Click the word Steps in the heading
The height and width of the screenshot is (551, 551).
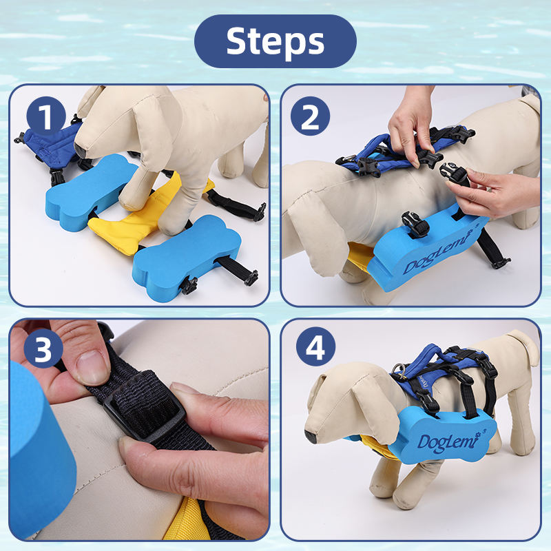click(275, 41)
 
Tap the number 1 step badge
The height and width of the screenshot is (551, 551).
click(46, 116)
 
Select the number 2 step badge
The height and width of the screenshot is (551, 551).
click(310, 116)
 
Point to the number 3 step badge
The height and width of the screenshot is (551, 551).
click(43, 349)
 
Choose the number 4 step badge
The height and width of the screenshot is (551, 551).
click(315, 347)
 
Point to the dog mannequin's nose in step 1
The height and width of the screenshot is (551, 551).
click(79, 149)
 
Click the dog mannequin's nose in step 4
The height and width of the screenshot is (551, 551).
click(311, 437)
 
